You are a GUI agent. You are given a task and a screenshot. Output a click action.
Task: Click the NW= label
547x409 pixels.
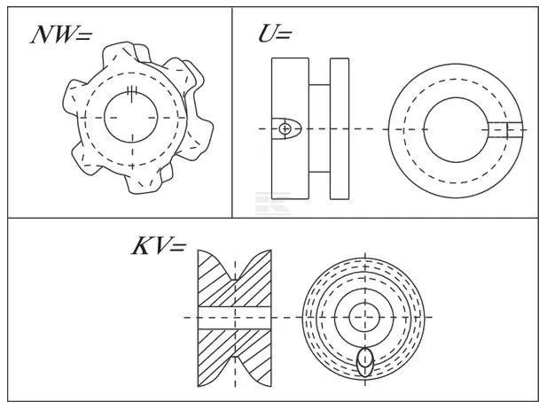(x=61, y=35)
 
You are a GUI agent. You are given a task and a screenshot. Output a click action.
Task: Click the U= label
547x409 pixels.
(x=275, y=35)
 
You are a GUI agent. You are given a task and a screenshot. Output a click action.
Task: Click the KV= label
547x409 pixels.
(x=159, y=246)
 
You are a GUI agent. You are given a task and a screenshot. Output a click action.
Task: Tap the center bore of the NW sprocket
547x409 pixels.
(x=131, y=117)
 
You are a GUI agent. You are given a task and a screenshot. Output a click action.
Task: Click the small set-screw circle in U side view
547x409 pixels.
(x=285, y=129)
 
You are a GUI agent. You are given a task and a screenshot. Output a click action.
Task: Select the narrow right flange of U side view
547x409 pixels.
(x=340, y=128)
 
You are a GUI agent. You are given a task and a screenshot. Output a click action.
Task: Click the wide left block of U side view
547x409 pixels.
(x=290, y=128)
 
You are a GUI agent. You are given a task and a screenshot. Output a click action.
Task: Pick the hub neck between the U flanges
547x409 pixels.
(x=319, y=128)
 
